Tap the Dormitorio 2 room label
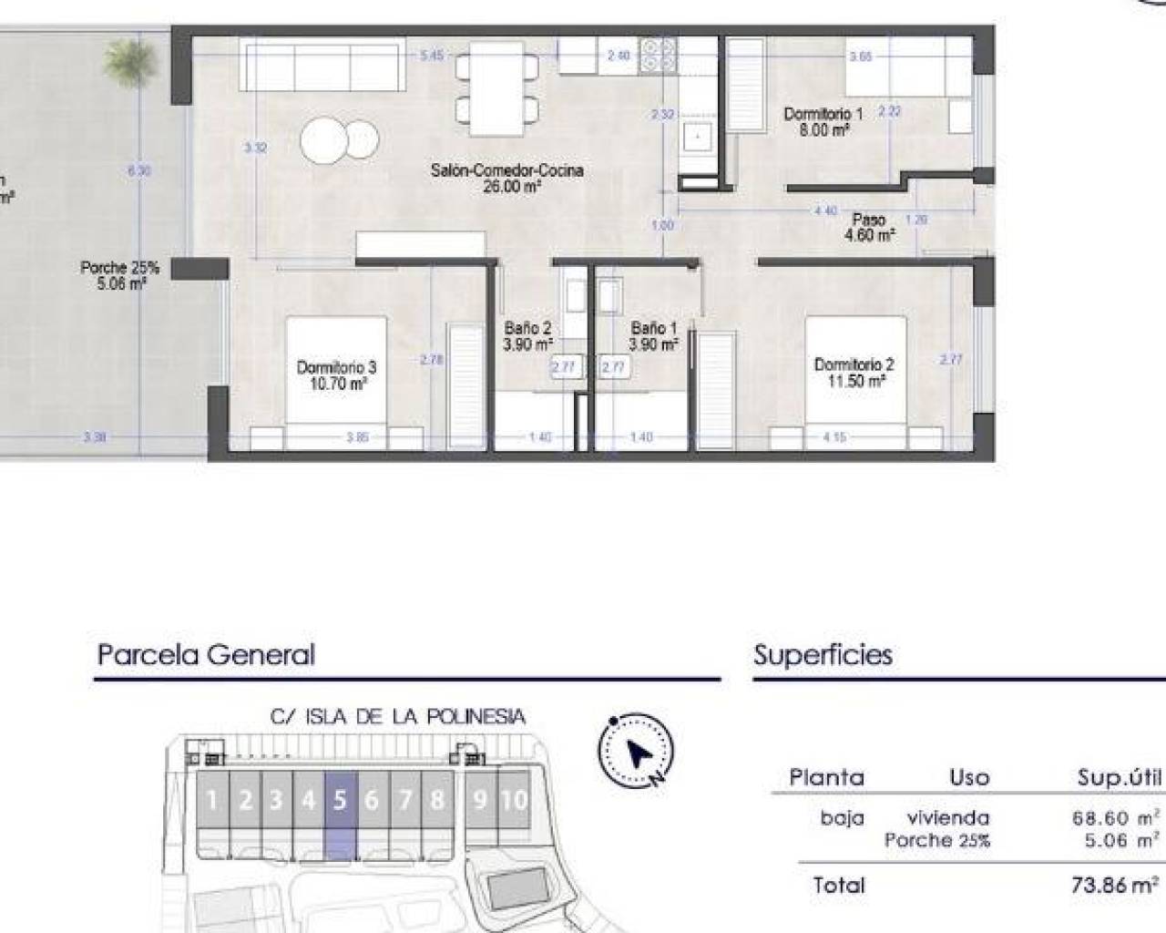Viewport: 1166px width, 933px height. pyautogui.click(x=854, y=373)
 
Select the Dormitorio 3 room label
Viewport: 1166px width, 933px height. pyautogui.click(x=336, y=375)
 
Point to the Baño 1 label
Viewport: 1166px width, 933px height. pyautogui.click(x=654, y=336)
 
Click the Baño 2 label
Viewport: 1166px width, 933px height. pyautogui.click(x=528, y=336)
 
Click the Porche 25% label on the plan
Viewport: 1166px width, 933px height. pyautogui.click(x=119, y=275)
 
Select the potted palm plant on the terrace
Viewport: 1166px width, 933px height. pyautogui.click(x=123, y=60)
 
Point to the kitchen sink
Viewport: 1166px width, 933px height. pyautogui.click(x=699, y=138)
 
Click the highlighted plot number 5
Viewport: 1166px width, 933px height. pyautogui.click(x=340, y=801)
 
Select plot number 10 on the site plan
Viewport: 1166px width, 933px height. pyautogui.click(x=514, y=801)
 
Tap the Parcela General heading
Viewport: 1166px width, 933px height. pyautogui.click(x=206, y=655)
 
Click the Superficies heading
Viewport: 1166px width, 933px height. pyautogui.click(x=823, y=655)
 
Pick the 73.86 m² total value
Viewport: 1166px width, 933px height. pyautogui.click(x=1115, y=885)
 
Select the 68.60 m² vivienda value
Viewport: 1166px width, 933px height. pyautogui.click(x=1115, y=818)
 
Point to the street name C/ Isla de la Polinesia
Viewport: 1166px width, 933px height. pyautogui.click(x=398, y=717)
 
